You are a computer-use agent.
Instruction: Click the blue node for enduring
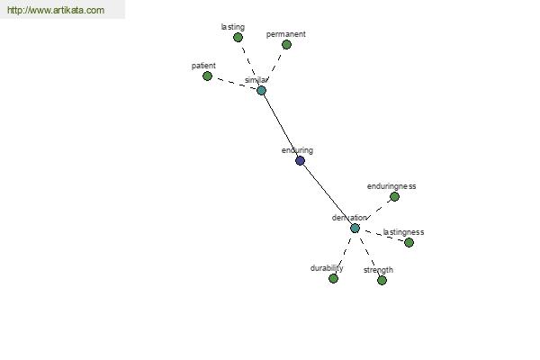click(x=300, y=160)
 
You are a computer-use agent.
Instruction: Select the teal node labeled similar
click(x=261, y=91)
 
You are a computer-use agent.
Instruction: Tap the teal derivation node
click(x=355, y=228)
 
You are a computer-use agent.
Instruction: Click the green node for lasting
click(x=238, y=37)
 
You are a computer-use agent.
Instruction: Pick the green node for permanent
click(x=286, y=44)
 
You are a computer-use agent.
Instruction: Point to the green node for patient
click(x=207, y=76)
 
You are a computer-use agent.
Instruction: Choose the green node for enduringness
click(x=395, y=197)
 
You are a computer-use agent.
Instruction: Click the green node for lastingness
click(x=409, y=242)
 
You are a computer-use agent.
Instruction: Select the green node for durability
click(x=333, y=278)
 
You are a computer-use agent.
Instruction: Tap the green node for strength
click(x=382, y=281)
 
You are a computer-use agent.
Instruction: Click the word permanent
click(x=286, y=34)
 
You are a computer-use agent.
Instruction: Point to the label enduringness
click(x=391, y=186)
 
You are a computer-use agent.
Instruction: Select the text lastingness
click(x=403, y=232)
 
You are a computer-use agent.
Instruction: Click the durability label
click(x=327, y=268)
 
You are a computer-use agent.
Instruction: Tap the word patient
click(x=203, y=66)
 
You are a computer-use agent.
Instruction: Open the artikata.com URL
click(x=56, y=10)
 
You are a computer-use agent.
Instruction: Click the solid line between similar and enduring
click(x=281, y=126)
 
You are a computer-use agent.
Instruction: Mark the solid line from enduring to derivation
click(x=328, y=194)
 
